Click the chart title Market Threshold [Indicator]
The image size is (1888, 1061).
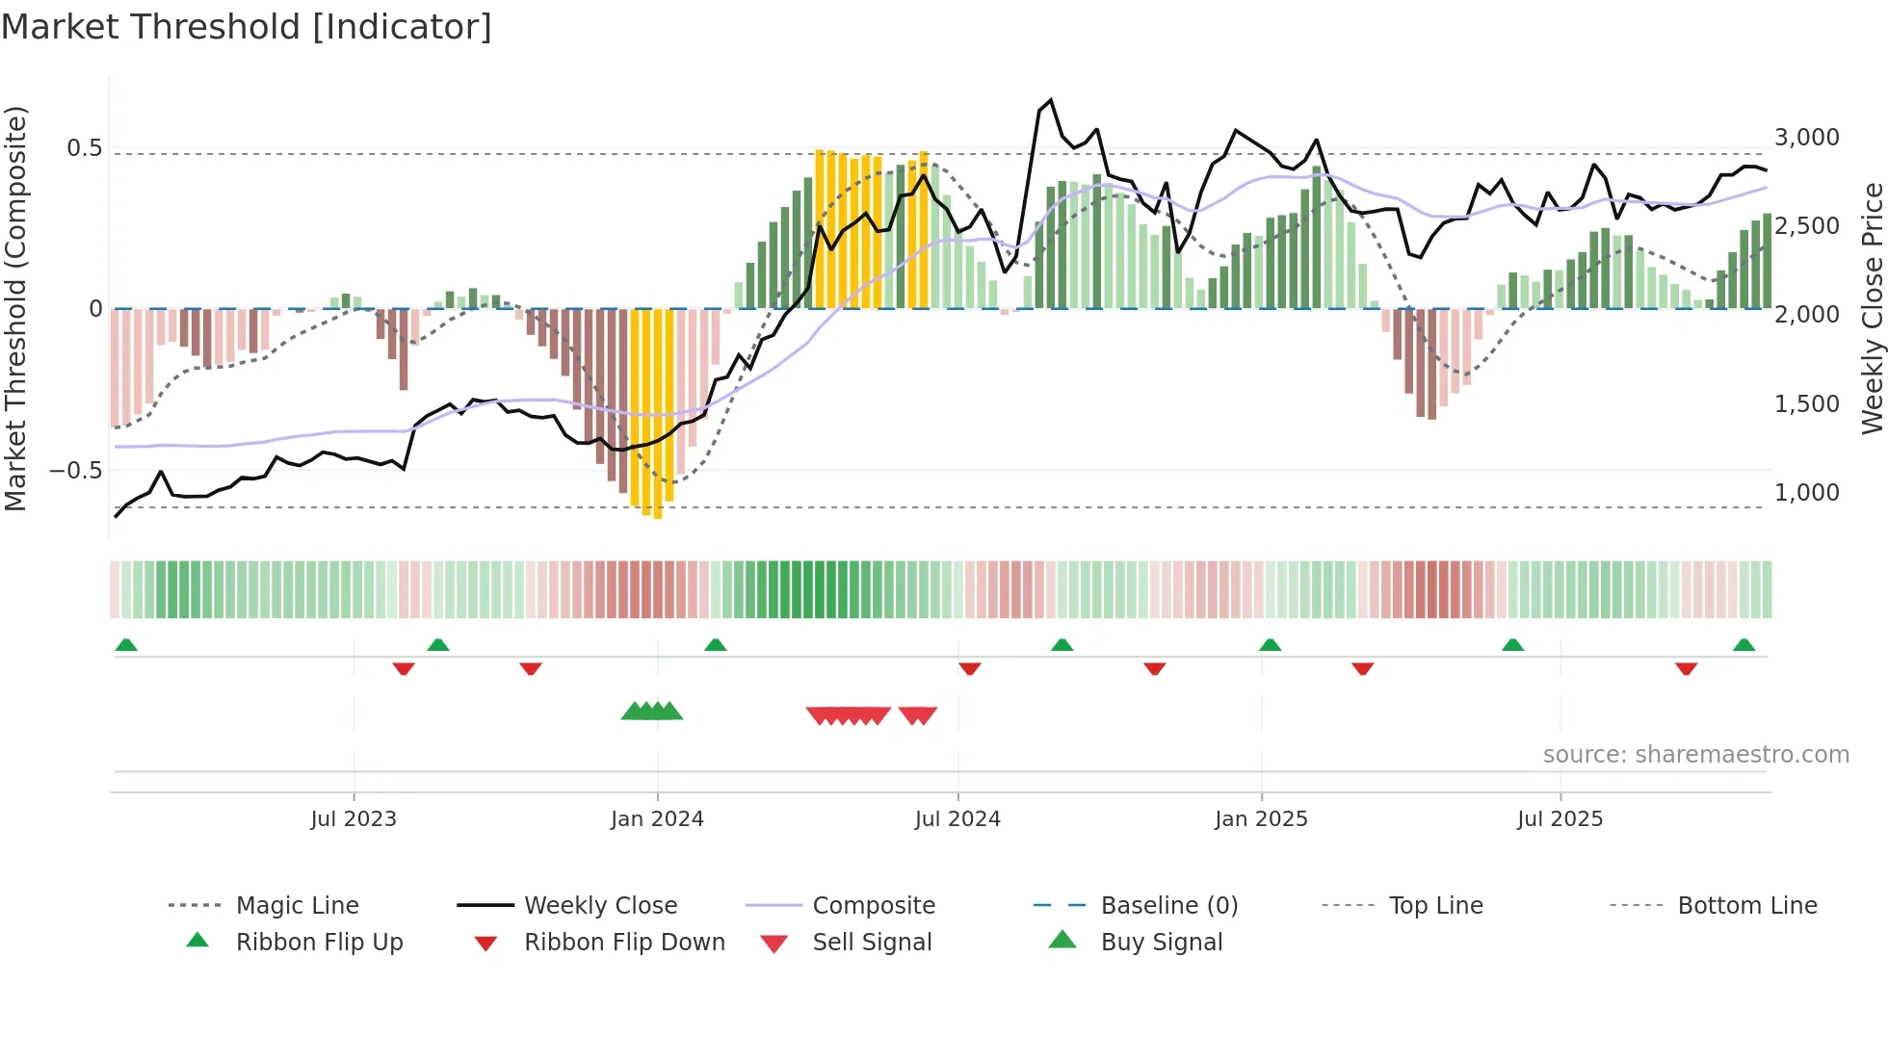[x=247, y=27]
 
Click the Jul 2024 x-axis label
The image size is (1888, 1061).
[x=957, y=819]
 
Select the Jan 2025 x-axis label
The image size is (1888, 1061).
[x=1261, y=819]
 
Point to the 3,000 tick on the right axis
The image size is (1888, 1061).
[x=1807, y=138]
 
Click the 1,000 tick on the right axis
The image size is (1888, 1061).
[x=1807, y=493]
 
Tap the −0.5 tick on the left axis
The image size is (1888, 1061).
[x=76, y=471]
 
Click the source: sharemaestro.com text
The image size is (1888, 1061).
[x=1695, y=755]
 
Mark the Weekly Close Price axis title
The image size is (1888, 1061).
[x=1872, y=308]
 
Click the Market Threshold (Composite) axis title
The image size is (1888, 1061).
[x=15, y=308]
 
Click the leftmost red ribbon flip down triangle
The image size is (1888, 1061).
[x=404, y=668]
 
